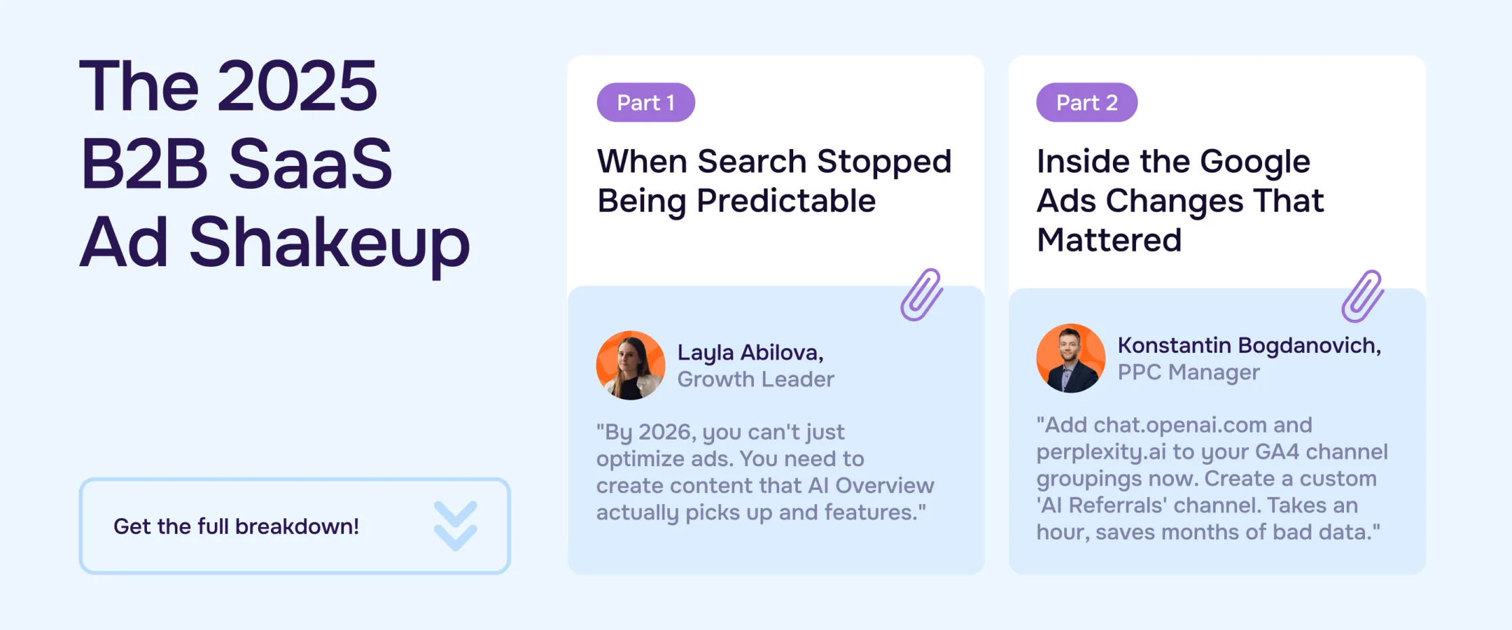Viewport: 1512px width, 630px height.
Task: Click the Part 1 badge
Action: click(646, 103)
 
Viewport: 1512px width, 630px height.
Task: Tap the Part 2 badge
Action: click(1087, 103)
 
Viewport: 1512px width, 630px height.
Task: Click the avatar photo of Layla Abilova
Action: click(631, 366)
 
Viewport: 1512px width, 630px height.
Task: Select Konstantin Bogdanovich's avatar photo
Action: click(1070, 358)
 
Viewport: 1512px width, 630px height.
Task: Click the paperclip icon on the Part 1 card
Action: click(921, 295)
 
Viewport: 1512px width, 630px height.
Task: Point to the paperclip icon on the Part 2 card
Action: click(1362, 297)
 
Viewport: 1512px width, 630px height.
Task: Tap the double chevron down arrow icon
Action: click(455, 526)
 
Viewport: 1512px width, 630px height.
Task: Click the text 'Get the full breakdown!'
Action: click(236, 526)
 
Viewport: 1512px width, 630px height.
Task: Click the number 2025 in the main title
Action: click(297, 86)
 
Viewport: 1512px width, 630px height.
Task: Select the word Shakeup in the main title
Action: click(329, 243)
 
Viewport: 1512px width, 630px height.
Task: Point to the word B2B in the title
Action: click(144, 164)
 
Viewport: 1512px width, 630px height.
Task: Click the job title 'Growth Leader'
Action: click(755, 379)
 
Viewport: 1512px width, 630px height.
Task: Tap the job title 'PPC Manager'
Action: click(1188, 372)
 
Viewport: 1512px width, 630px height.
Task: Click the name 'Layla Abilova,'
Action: click(750, 352)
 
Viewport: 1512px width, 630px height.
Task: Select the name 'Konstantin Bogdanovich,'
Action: click(1249, 345)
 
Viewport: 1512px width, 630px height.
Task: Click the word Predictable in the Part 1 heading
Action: click(786, 201)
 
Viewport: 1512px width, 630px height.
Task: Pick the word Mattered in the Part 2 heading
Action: click(1109, 240)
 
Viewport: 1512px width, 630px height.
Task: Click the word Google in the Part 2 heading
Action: click(1255, 162)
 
